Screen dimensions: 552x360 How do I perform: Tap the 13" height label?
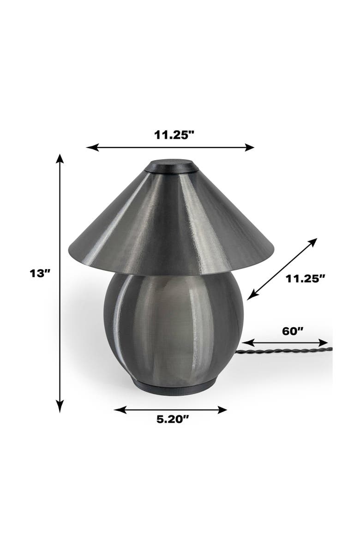pos(40,273)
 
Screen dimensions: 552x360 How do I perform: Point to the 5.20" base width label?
pos(173,419)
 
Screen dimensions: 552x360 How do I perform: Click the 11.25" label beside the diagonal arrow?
pos(306,278)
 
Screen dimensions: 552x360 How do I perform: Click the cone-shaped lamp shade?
pos(171,222)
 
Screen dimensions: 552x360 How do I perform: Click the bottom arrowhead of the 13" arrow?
pos(60,406)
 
